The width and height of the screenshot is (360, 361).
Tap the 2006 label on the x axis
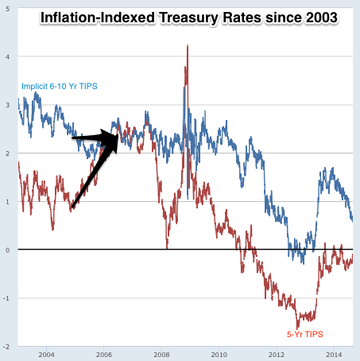click(x=103, y=354)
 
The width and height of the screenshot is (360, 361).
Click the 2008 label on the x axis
click(x=161, y=354)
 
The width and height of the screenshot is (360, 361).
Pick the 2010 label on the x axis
click(x=219, y=354)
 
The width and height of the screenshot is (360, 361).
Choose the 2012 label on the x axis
click(x=277, y=354)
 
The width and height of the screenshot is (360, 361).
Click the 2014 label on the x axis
click(x=335, y=354)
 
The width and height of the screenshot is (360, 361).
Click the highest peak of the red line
click(x=187, y=46)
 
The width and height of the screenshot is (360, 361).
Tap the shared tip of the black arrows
click(x=120, y=137)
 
